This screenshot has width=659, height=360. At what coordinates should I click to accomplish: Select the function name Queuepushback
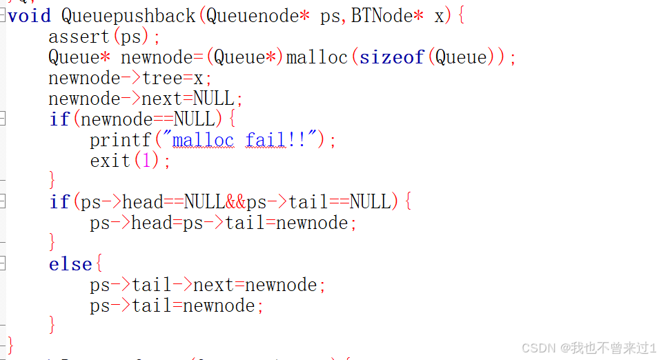pos(128,16)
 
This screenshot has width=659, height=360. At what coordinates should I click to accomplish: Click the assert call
pos(79,37)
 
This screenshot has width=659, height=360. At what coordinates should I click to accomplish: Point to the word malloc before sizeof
pos(317,57)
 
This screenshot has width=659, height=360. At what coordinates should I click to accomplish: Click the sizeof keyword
pos(391,57)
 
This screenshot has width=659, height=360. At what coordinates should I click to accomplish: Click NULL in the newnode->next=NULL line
pos(214,99)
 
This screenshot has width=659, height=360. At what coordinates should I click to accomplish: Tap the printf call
pos(120,140)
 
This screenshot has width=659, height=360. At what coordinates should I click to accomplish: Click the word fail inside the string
pos(265,140)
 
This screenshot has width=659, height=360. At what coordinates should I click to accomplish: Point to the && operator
pos(235,202)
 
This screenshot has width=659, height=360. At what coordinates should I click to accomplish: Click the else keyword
pos(70,264)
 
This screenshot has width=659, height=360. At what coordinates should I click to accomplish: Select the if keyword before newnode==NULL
pos(59,119)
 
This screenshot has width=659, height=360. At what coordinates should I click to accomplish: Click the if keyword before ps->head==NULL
pos(59,202)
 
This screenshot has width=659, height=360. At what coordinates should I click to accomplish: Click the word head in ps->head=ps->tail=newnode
pos(152,223)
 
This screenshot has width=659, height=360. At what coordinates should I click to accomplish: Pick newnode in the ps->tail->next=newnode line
pos(282,285)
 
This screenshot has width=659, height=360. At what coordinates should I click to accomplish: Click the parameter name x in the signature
pos(440,16)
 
